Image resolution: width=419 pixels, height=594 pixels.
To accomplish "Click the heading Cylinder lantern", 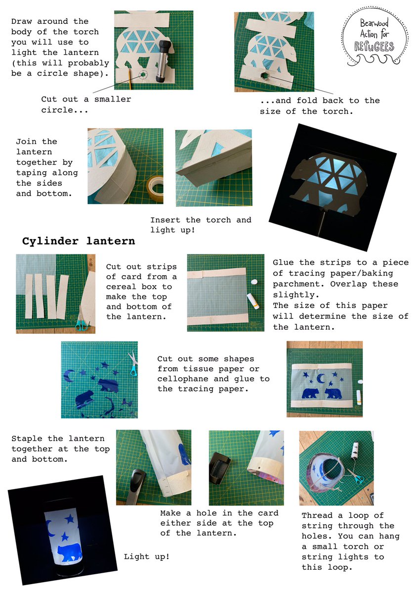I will [79, 242].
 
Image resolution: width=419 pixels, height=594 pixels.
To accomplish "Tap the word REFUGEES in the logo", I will [374, 47].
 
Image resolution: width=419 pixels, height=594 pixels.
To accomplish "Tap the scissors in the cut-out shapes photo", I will [132, 363].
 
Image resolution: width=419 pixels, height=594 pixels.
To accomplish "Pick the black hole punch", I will [221, 464].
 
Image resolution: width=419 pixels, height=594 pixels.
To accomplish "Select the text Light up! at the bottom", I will [146, 557].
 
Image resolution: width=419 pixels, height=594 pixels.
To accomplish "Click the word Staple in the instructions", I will [27, 439].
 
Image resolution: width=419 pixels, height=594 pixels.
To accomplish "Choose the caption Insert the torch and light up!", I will [200, 225].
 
